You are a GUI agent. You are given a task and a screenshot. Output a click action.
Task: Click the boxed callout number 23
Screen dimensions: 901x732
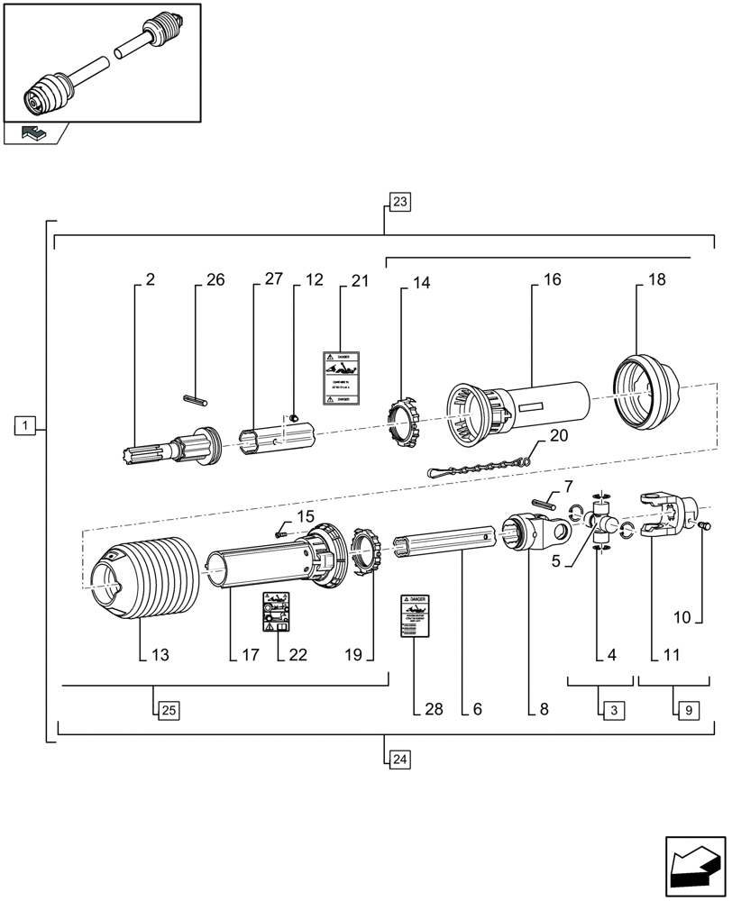[x=400, y=202]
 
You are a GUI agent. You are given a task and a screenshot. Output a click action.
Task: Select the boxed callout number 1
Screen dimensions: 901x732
[x=25, y=424]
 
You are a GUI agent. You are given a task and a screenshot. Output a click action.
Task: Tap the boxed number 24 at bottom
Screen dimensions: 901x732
[x=400, y=760]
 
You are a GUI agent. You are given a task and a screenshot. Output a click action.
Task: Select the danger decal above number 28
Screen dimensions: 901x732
[x=413, y=616]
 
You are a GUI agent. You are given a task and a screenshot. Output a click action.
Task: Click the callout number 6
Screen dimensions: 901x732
[x=477, y=709]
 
